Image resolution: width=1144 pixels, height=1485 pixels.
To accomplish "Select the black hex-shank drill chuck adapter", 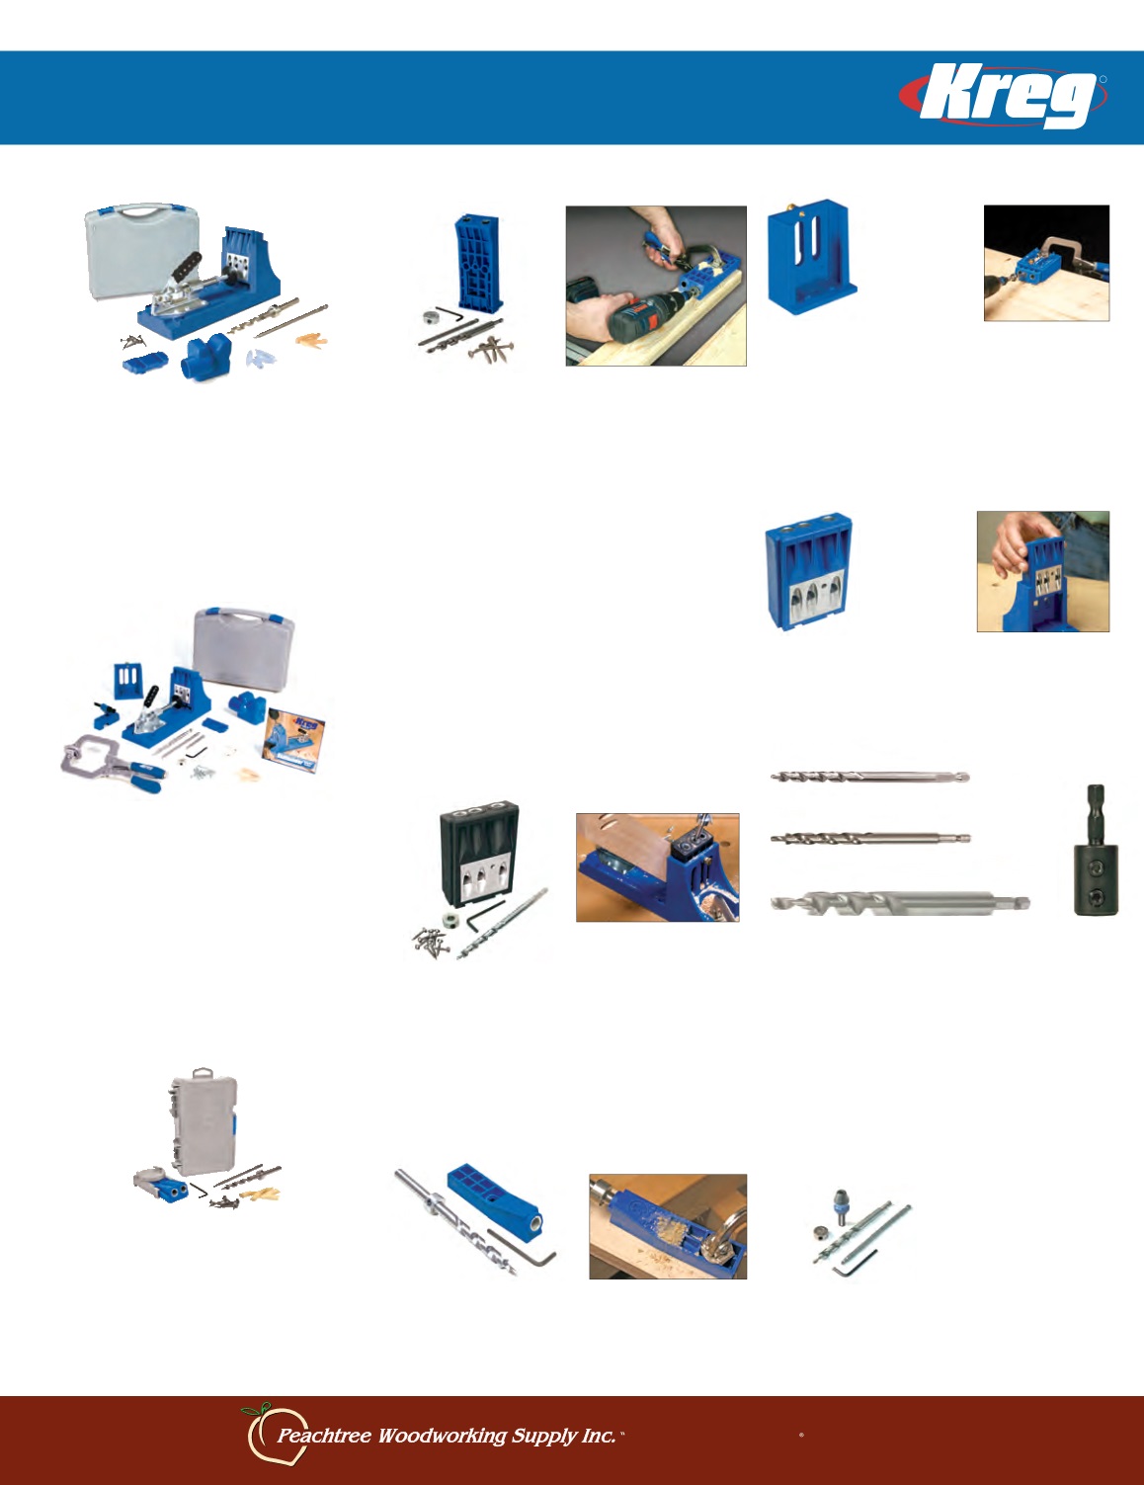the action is pos(1096,850).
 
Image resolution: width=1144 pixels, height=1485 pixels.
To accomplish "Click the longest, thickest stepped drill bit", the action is pos(900,903).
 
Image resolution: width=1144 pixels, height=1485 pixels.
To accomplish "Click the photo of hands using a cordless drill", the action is pos(656,286).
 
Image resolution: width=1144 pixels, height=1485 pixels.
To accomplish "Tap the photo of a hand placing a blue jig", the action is pos(1043,571).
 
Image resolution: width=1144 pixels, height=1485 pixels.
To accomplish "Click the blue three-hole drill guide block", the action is pos(808,572).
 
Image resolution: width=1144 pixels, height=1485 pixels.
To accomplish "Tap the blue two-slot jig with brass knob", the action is pos(812,257).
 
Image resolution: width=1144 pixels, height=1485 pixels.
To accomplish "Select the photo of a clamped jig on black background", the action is pos(1046,263).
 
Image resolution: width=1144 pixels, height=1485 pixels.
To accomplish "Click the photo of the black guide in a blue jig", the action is pos(658,867).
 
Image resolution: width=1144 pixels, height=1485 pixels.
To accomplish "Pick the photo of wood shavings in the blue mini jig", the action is pos(668,1227).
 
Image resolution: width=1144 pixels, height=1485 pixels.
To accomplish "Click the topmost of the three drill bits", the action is pos(870,777).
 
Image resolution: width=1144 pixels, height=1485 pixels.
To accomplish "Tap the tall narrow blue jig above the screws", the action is pos(478,263).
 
